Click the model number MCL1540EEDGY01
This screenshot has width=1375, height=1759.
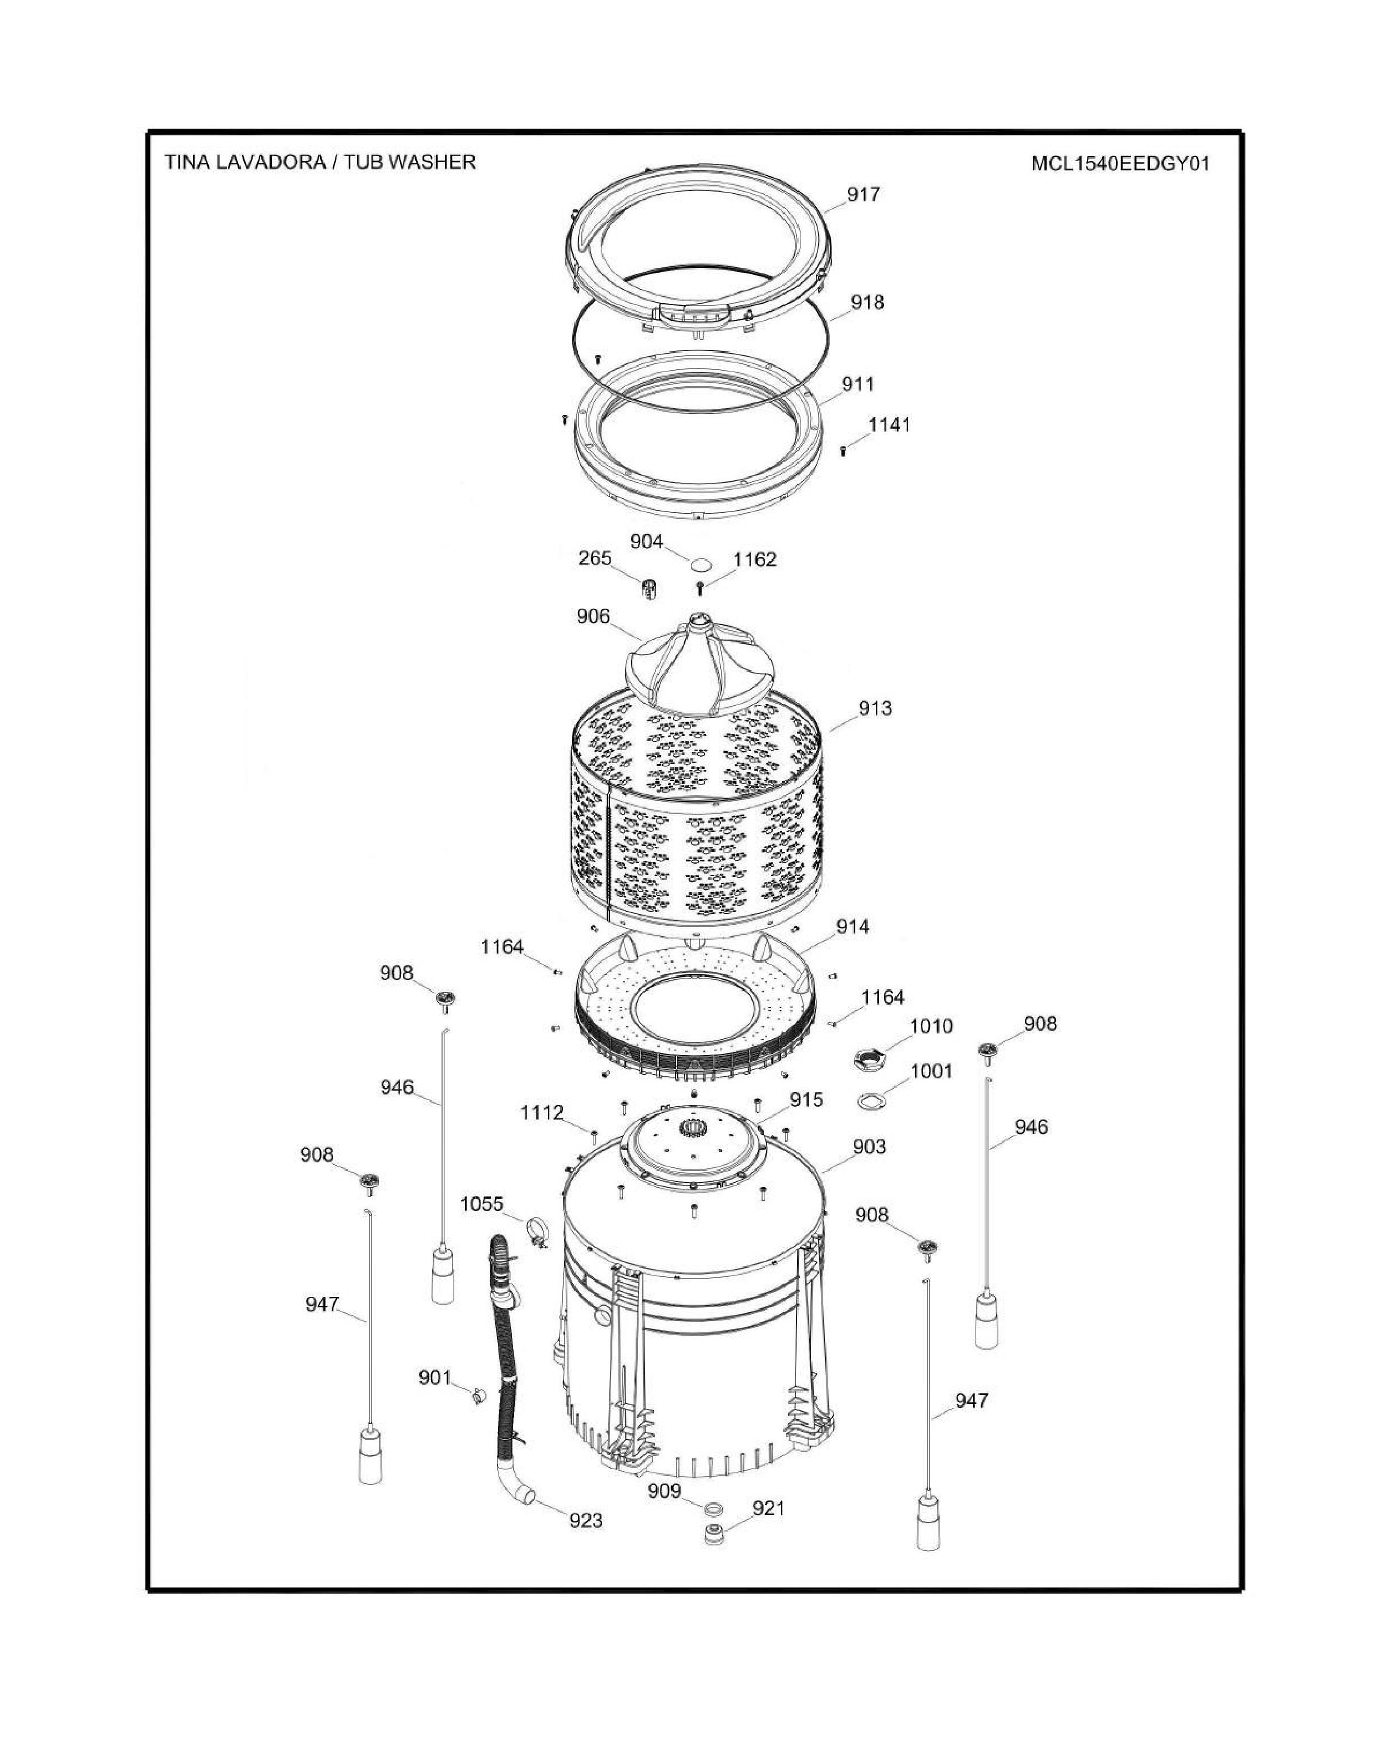(1120, 164)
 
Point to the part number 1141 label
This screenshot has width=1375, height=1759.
(889, 424)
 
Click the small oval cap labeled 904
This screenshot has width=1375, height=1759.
(702, 561)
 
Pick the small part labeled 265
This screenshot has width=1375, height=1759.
(650, 588)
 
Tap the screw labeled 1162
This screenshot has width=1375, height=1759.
(700, 588)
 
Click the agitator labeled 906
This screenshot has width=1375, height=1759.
(699, 663)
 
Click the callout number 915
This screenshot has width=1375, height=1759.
(806, 1099)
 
